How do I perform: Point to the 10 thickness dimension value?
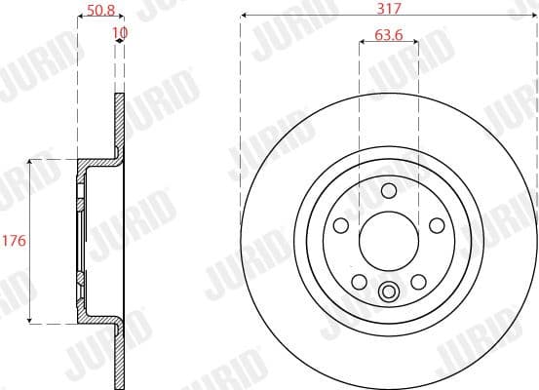click(120, 32)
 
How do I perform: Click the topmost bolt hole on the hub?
click(389, 190)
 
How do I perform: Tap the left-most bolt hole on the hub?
click(341, 225)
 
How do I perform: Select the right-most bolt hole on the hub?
click(437, 225)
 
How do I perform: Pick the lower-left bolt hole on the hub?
click(360, 282)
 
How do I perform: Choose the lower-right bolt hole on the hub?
click(418, 282)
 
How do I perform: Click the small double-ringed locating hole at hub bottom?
click(389, 290)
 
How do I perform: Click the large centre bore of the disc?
click(389, 240)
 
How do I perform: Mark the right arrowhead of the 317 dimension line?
click(535, 17)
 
